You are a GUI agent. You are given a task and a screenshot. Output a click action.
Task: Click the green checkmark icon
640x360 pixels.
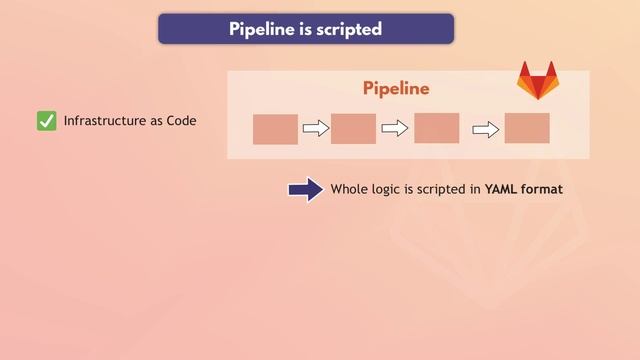pos(46,121)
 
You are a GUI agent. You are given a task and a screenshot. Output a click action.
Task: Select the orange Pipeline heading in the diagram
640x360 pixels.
pos(396,88)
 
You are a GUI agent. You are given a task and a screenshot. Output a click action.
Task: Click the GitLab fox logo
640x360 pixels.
pos(537,81)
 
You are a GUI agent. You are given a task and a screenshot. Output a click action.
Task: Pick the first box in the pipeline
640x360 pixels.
pos(275,129)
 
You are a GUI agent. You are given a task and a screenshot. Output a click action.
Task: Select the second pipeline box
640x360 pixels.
pos(353,129)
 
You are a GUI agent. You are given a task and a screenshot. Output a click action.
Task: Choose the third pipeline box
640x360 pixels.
pos(436,128)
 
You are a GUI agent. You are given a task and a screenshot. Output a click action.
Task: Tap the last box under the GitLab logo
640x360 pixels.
pos(527,128)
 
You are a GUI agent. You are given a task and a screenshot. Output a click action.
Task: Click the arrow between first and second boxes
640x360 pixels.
pos(315,128)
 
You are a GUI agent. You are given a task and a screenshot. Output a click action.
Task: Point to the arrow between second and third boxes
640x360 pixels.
pos(395,128)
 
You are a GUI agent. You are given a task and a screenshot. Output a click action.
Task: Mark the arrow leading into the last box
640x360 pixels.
pos(485,129)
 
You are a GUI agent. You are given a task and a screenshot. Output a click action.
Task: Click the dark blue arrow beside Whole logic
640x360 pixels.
pos(305,190)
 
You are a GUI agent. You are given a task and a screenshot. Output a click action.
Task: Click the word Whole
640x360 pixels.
pos(350,188)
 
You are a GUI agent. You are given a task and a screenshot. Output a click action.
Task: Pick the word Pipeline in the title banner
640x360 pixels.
pos(262,29)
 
